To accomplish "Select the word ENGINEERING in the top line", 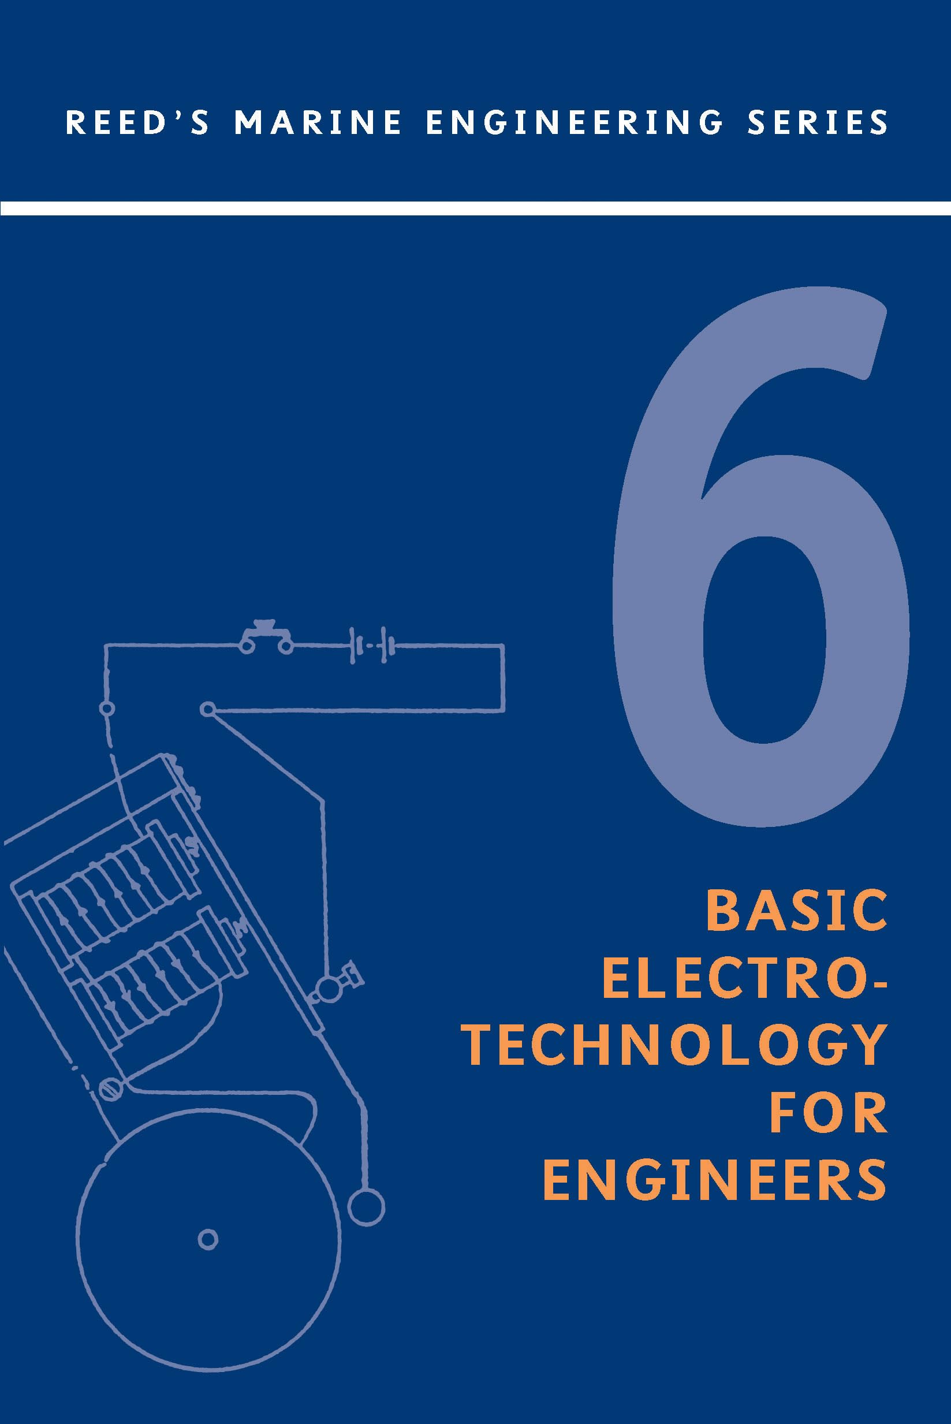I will tap(574, 122).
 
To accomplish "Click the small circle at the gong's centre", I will tap(208, 1239).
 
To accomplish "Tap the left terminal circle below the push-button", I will tap(107, 709).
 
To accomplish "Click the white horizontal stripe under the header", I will tap(476, 208).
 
